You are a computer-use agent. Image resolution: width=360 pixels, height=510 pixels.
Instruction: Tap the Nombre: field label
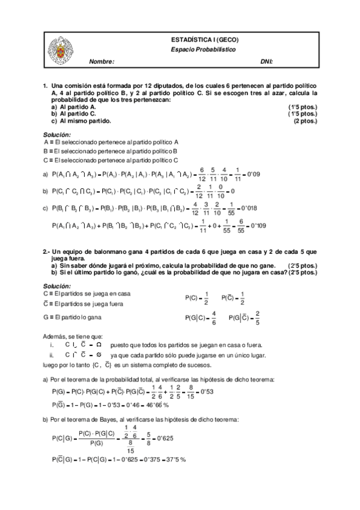tap(101, 62)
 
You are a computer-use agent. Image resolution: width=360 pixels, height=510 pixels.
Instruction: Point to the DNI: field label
tap(266, 62)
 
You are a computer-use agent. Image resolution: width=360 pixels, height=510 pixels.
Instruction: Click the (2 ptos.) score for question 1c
tap(304, 121)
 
